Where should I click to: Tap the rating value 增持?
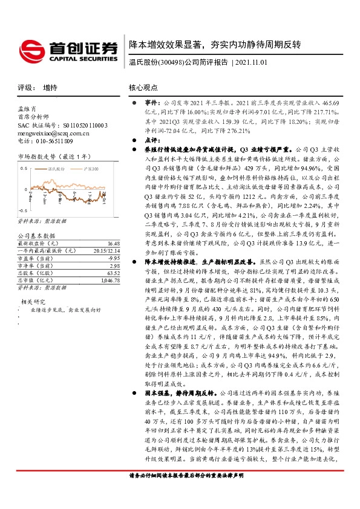(50, 88)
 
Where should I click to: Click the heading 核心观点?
(143, 88)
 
